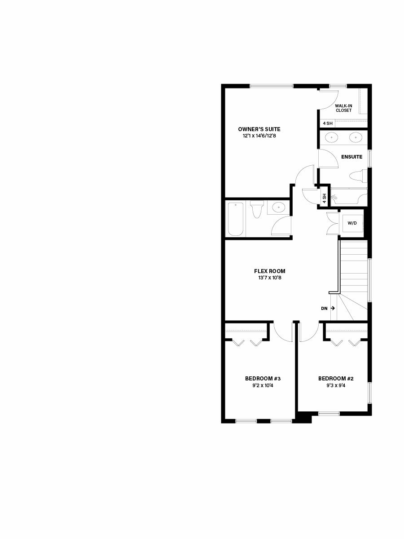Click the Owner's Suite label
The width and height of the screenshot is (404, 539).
pyautogui.click(x=259, y=129)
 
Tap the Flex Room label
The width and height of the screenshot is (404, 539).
pyautogui.click(x=270, y=271)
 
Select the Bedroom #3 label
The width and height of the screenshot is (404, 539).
pyautogui.click(x=263, y=378)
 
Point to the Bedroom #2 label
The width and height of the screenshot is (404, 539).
pyautogui.click(x=336, y=378)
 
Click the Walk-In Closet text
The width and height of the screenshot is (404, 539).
pyautogui.click(x=343, y=108)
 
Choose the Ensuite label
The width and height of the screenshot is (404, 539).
pyautogui.click(x=351, y=157)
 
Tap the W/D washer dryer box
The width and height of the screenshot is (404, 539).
pyautogui.click(x=352, y=223)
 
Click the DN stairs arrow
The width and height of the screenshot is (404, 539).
pyautogui.click(x=333, y=308)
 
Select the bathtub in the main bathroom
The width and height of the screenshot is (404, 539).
pyautogui.click(x=236, y=219)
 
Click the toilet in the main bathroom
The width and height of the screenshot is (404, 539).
pyautogui.click(x=257, y=209)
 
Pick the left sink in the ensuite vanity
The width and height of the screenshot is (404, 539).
pyautogui.click(x=331, y=137)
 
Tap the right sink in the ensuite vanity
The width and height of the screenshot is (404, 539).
pyautogui.click(x=356, y=137)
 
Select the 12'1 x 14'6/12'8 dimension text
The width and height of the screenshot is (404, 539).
pyautogui.click(x=259, y=136)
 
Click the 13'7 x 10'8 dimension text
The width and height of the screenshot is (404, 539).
pyautogui.click(x=270, y=278)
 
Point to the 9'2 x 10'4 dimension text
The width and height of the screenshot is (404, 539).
pyautogui.click(x=263, y=385)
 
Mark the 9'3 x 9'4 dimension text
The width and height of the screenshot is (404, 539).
pyautogui.click(x=336, y=385)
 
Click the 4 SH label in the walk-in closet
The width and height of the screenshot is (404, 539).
pyautogui.click(x=328, y=123)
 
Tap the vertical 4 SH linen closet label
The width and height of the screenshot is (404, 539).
pyautogui.click(x=324, y=199)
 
